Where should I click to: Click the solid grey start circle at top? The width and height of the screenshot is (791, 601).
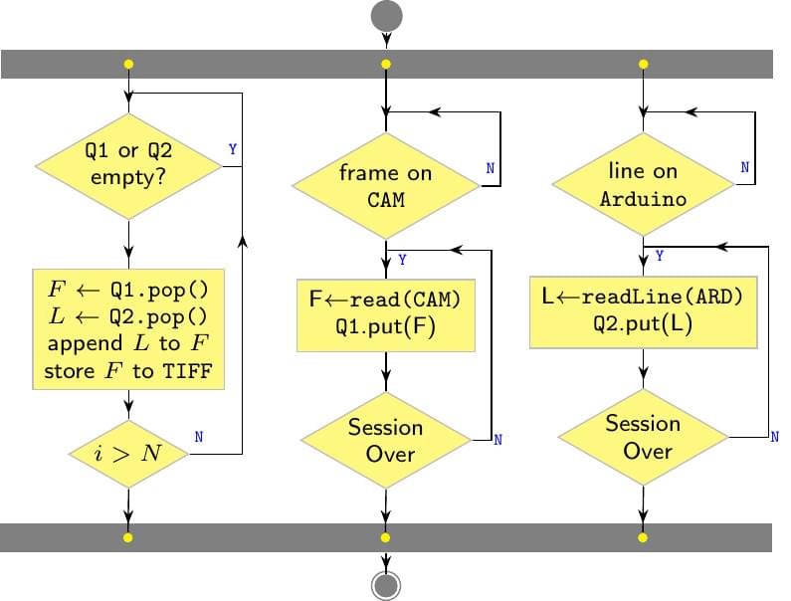pyautogui.click(x=386, y=16)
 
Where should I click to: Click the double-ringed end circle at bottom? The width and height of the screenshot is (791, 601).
pyautogui.click(x=386, y=584)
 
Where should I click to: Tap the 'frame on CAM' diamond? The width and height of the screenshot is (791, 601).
pyautogui.click(x=385, y=186)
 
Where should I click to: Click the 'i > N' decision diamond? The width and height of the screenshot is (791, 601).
pyautogui.click(x=128, y=454)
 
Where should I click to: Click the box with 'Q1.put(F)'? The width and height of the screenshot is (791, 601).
pyautogui.click(x=385, y=315)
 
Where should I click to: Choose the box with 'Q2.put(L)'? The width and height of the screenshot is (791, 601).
pyautogui.click(x=643, y=311)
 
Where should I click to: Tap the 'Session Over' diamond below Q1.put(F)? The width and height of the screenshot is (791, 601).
pyautogui.click(x=385, y=440)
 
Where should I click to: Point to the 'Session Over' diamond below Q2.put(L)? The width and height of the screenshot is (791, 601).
pyautogui.click(x=643, y=437)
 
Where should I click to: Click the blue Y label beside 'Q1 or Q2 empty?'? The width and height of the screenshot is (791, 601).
pyautogui.click(x=233, y=149)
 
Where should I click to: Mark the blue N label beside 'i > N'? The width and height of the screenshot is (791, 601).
pyautogui.click(x=199, y=436)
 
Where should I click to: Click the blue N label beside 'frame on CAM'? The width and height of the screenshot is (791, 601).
pyautogui.click(x=490, y=168)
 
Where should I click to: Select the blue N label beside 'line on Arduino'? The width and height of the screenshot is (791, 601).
pyautogui.click(x=744, y=167)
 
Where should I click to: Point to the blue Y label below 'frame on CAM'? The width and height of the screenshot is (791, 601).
pyautogui.click(x=402, y=260)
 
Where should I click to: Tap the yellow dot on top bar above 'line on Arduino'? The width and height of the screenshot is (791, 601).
pyautogui.click(x=643, y=65)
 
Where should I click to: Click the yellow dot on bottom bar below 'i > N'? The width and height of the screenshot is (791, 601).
pyautogui.click(x=128, y=537)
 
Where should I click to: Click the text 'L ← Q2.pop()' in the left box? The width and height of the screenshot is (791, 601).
pyautogui.click(x=128, y=317)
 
